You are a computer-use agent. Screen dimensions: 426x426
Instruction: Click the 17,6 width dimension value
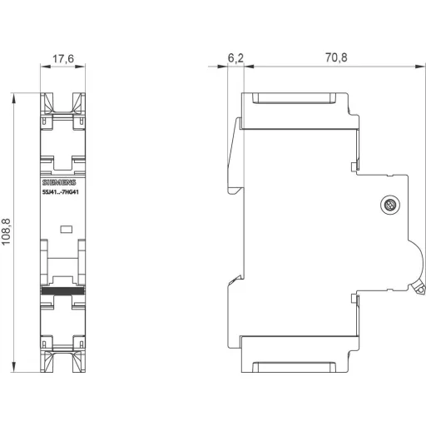[x=63, y=58]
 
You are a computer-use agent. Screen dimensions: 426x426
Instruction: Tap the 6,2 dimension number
[x=235, y=59]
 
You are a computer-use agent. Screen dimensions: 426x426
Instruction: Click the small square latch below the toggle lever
[x=355, y=297]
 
